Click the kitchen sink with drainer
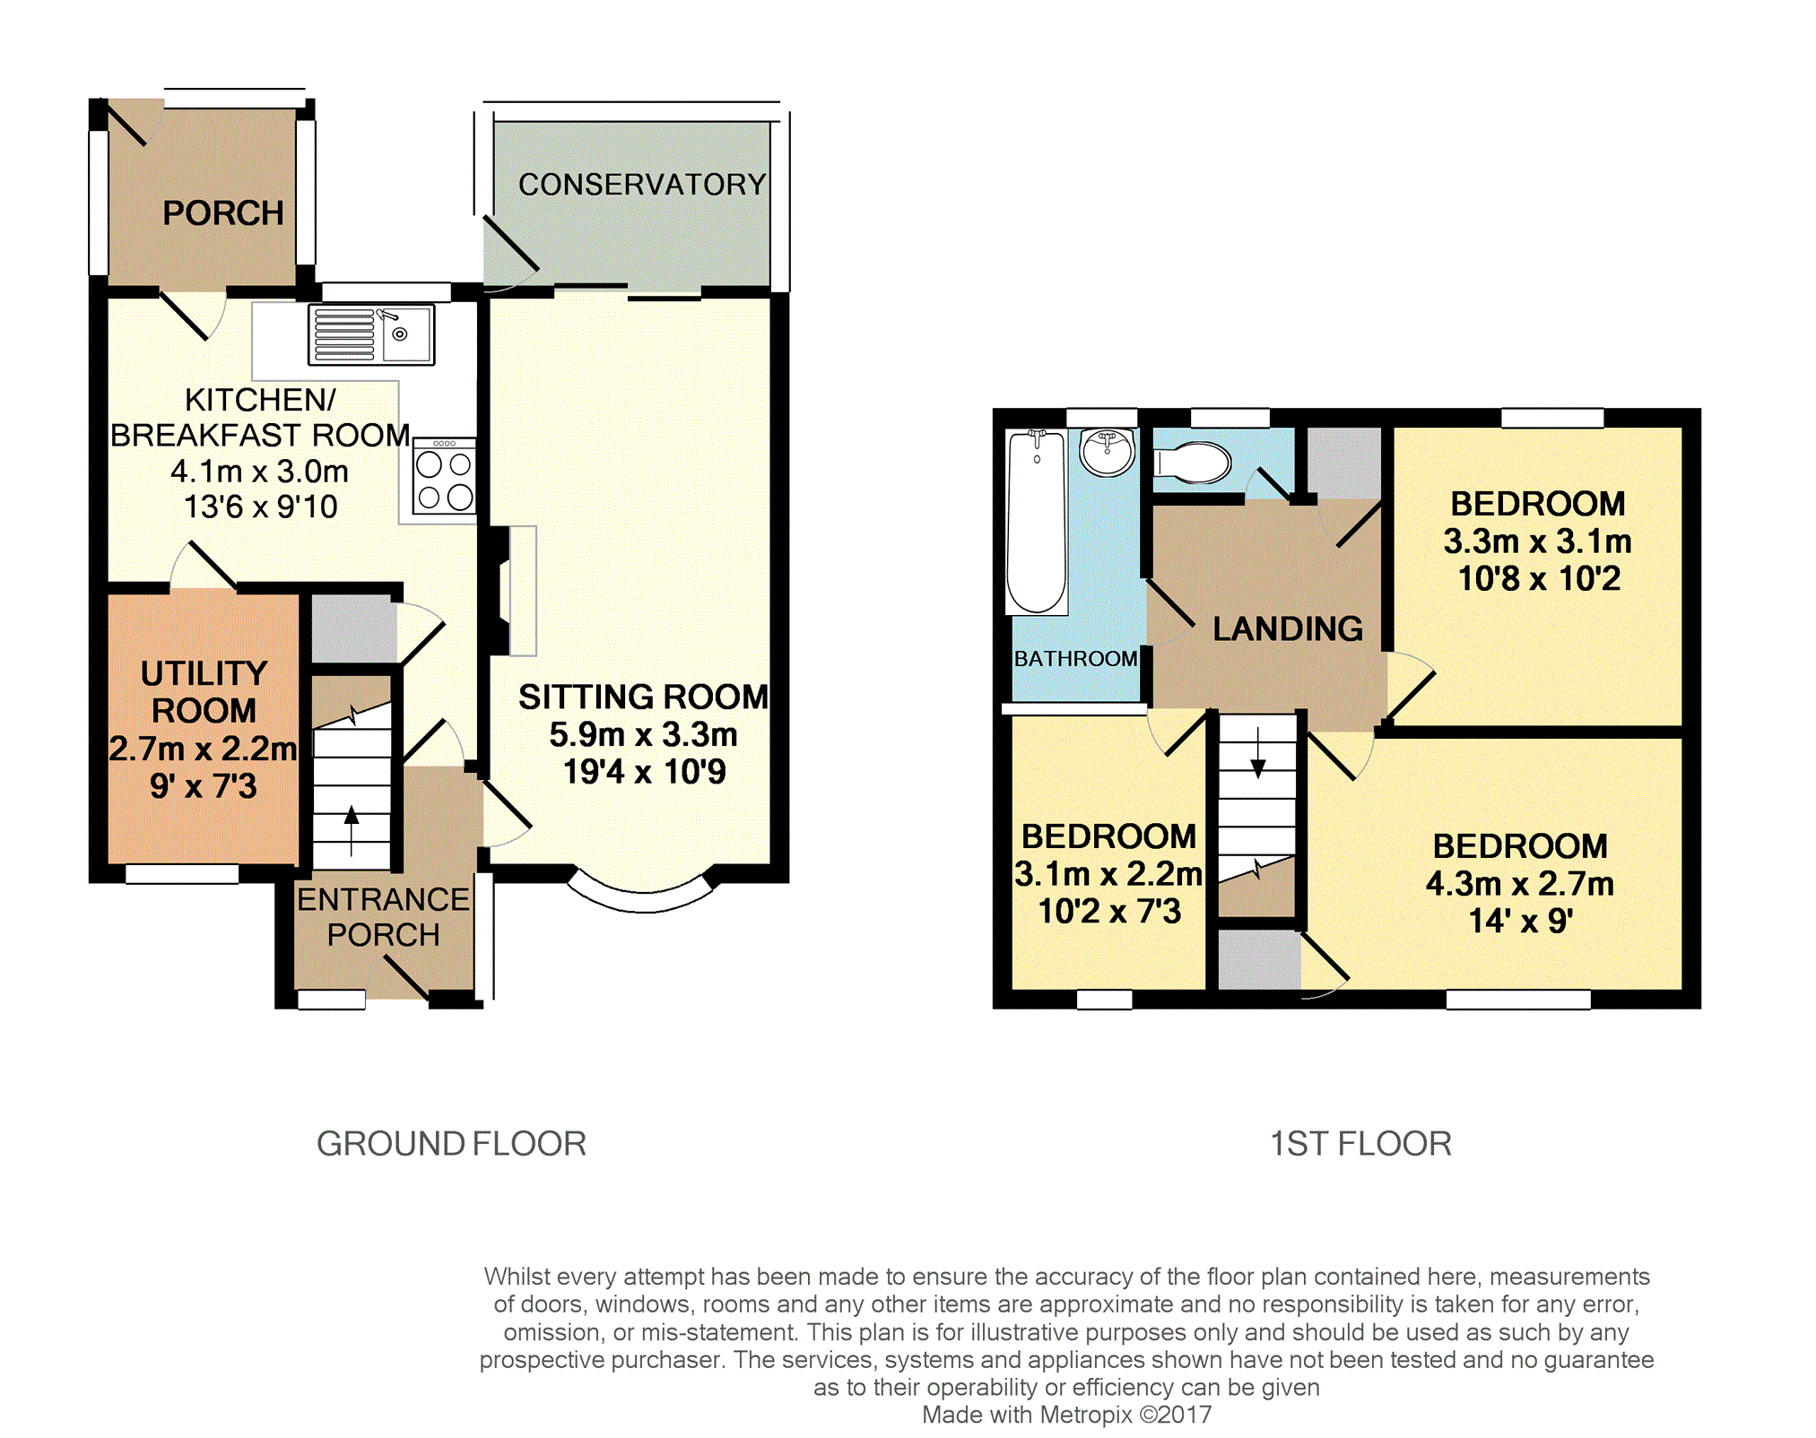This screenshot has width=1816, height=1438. pos(371,334)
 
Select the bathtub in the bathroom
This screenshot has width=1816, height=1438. pos(1037,522)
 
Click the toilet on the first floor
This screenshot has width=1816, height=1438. pos(1192,463)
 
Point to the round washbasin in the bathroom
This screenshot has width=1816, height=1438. pos(1108,452)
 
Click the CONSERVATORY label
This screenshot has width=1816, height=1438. pos(642,185)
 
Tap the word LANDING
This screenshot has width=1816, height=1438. pos(1288,628)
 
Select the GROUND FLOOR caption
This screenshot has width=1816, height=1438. pos(451,1144)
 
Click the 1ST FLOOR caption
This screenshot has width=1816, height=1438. pos(1360,1144)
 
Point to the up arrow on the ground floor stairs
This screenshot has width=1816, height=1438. pos(352,830)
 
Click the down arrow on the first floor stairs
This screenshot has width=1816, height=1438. pos(1258,753)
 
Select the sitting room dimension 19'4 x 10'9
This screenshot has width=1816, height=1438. pos(644,772)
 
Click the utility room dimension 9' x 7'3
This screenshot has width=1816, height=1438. pos(204,786)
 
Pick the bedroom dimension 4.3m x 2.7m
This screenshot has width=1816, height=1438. pos(1520,884)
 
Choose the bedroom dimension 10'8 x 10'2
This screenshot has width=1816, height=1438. pos(1539,579)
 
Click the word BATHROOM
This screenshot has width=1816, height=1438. pos(1076,659)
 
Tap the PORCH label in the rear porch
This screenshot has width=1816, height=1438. pos(223,213)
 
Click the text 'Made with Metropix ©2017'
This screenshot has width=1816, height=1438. pos(1067,1415)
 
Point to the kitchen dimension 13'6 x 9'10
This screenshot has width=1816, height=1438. pos(261,507)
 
